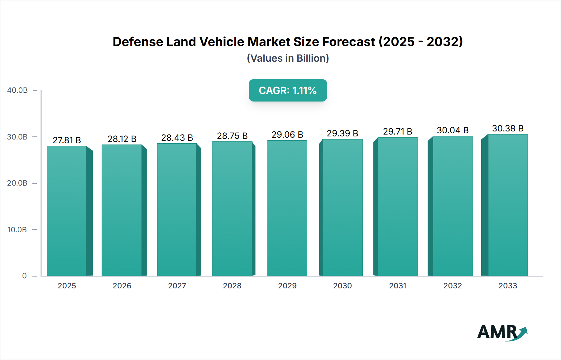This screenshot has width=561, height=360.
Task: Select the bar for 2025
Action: (67, 211)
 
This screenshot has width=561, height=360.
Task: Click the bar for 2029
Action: (287, 208)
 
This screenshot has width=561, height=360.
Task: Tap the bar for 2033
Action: (508, 205)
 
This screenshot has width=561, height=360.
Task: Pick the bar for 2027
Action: (177, 210)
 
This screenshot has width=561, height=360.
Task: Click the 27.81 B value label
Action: (67, 140)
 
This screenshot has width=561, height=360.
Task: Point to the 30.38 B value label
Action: (508, 128)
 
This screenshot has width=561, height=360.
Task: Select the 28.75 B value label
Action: (232, 136)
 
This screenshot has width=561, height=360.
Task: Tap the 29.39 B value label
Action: (342, 133)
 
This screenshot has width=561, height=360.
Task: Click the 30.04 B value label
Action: (453, 130)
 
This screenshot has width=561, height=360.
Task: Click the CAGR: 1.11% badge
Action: (288, 90)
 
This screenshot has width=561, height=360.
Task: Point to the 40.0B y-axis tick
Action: (17, 90)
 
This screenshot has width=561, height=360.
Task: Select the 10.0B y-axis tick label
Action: (17, 230)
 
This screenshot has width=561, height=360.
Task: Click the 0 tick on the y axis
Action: (24, 276)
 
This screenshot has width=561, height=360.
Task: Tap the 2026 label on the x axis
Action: (122, 286)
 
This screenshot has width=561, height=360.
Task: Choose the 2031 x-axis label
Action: (398, 286)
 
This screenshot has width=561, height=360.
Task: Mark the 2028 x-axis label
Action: (232, 286)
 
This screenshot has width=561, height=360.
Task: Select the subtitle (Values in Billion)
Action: (288, 58)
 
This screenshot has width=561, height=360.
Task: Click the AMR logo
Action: (502, 332)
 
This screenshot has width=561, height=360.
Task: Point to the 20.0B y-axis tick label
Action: (17, 183)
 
